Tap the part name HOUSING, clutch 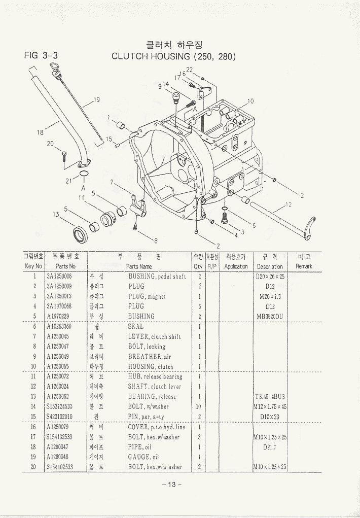tap(150, 366)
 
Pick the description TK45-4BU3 tap(270, 397)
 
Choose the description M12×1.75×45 tap(270, 406)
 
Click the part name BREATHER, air tap(150, 357)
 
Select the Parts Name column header tap(139, 266)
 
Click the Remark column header tap(304, 266)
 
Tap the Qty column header tap(198, 266)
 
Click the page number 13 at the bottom tap(171, 485)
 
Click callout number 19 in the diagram tap(96, 99)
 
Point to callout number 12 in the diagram tap(289, 204)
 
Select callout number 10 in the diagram tap(250, 101)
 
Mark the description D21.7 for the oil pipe tap(270, 447)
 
